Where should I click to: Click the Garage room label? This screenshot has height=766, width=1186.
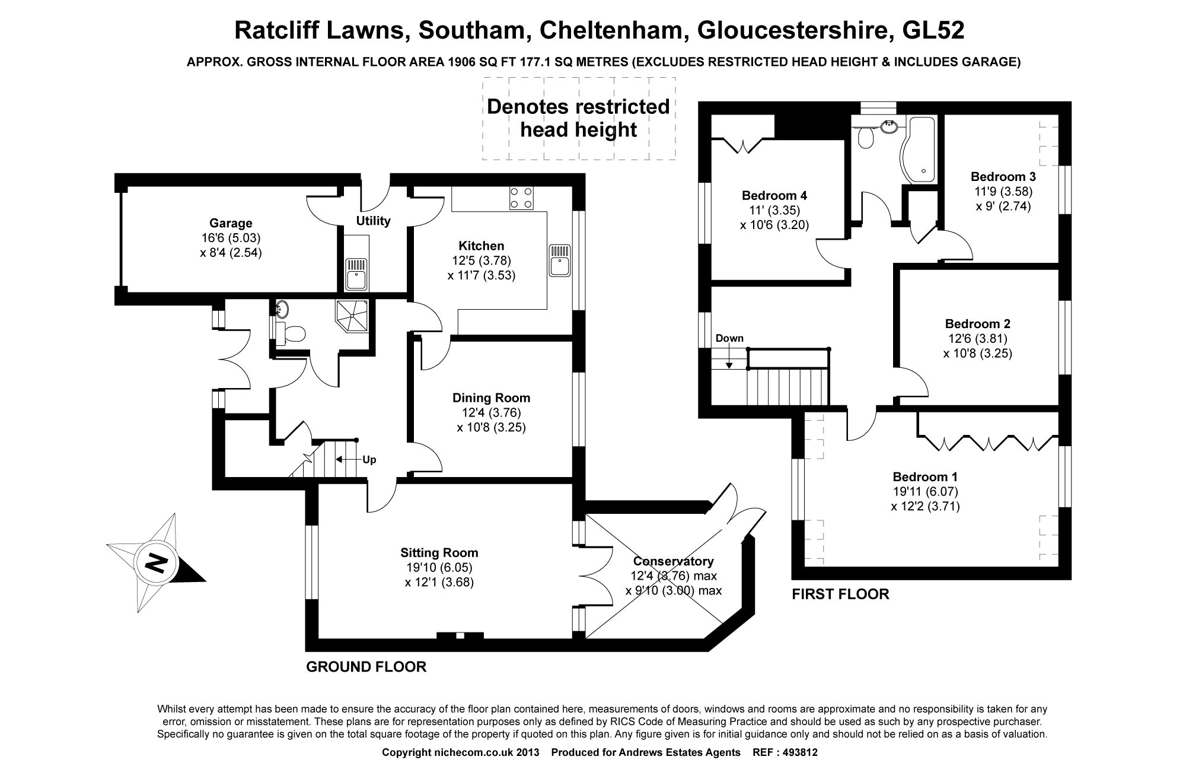231,223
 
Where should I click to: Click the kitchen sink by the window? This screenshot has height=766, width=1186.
560,260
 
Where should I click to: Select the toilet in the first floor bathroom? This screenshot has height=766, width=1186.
865,137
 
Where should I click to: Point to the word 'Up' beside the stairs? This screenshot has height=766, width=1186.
369,460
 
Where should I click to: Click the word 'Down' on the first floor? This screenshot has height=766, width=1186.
729,339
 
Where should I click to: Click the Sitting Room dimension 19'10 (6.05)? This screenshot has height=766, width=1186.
439,568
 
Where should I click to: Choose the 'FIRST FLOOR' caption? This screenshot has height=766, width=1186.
840,594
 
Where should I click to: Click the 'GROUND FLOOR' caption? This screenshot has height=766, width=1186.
366,667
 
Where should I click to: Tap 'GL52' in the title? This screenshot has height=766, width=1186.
933,30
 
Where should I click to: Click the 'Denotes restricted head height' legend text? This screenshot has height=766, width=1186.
578,118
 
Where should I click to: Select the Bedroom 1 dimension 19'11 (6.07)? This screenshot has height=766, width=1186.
925,491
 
